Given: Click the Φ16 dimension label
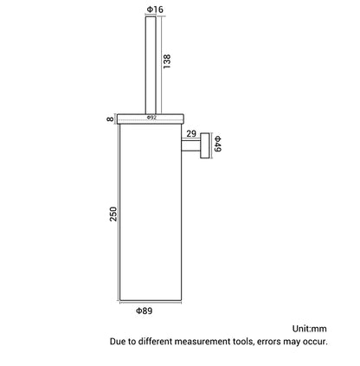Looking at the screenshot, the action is pos(155,10).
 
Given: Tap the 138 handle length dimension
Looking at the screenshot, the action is pos(167,61).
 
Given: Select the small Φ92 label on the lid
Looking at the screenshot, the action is pos(151,118).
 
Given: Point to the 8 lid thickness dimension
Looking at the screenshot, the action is pos(111,119).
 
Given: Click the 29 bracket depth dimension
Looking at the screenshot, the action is pos(191,133).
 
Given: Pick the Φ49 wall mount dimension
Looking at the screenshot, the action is pos(217,144).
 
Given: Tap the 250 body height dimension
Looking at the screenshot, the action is pos(113,214).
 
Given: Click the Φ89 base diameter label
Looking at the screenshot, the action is pos(144,311).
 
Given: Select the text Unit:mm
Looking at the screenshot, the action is pos(310,329).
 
